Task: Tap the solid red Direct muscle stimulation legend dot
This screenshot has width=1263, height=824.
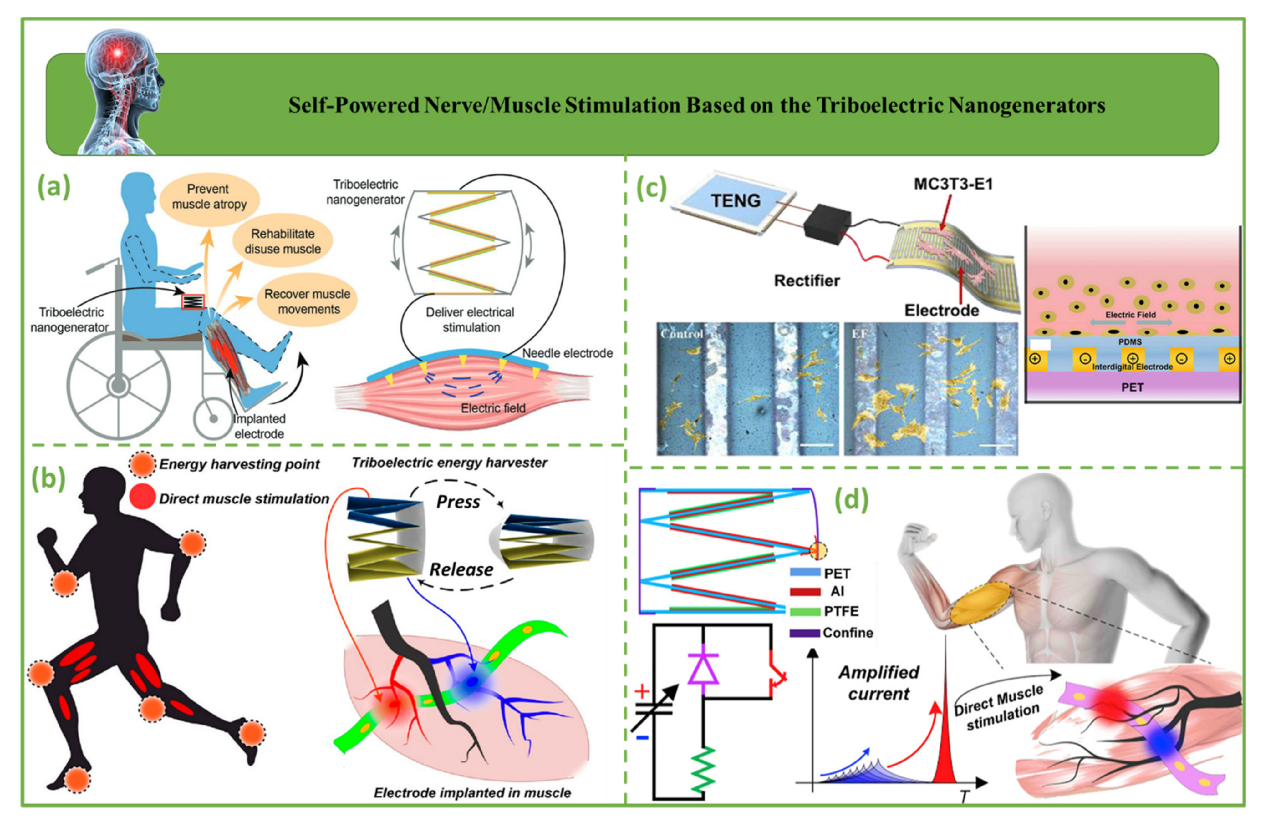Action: pyautogui.click(x=142, y=497)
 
